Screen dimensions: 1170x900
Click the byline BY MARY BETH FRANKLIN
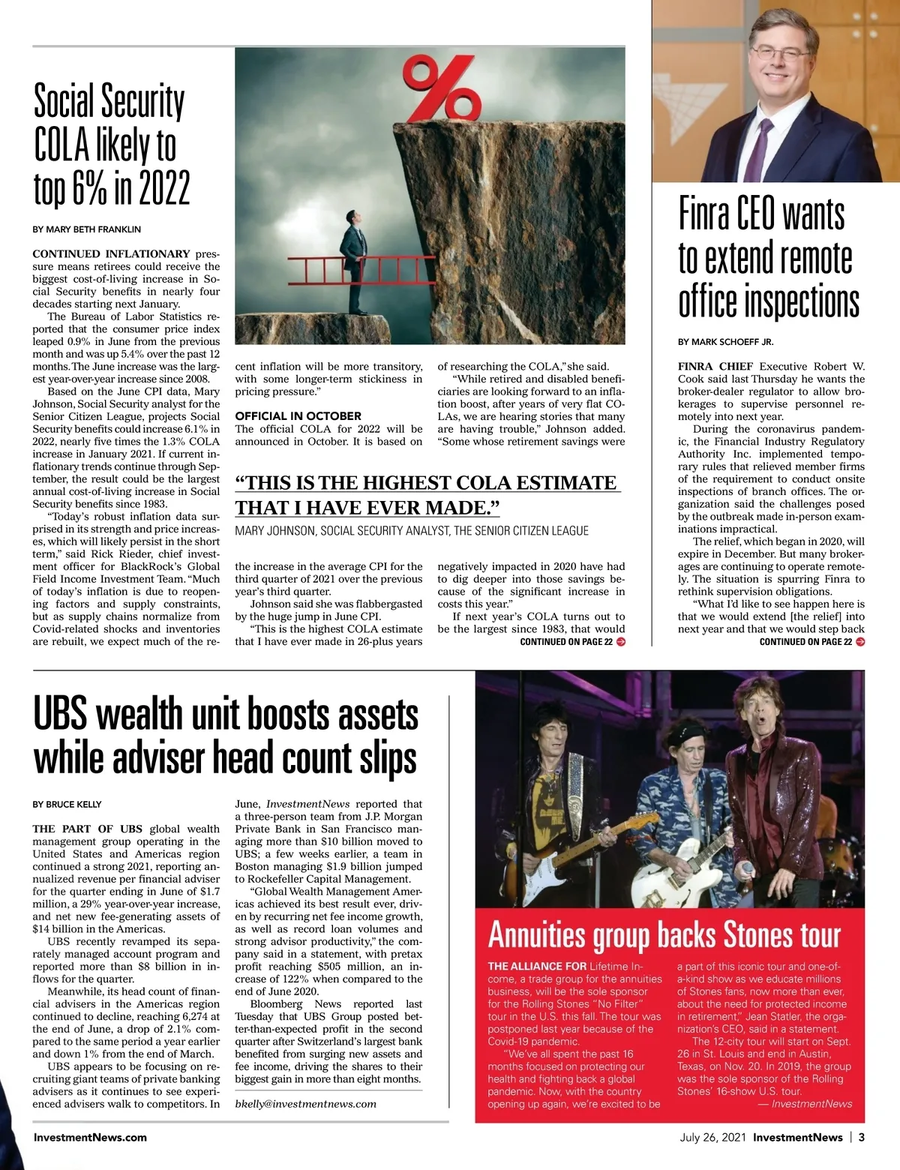[87, 229]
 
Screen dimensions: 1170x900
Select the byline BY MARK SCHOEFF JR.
[725, 342]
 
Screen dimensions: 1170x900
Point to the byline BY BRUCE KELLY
[67, 805]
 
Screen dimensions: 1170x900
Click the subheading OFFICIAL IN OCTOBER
[298, 416]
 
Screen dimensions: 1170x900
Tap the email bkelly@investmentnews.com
[305, 1103]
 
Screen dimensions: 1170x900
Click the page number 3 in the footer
[862, 1137]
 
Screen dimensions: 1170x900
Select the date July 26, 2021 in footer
[712, 1137]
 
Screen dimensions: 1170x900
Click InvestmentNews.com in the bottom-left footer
[90, 1137]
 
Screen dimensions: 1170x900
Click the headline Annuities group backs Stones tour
[664, 935]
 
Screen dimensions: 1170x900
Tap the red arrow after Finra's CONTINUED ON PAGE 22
[860, 642]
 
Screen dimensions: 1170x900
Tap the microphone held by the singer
[748, 869]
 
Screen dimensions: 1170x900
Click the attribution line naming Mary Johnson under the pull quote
[411, 531]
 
